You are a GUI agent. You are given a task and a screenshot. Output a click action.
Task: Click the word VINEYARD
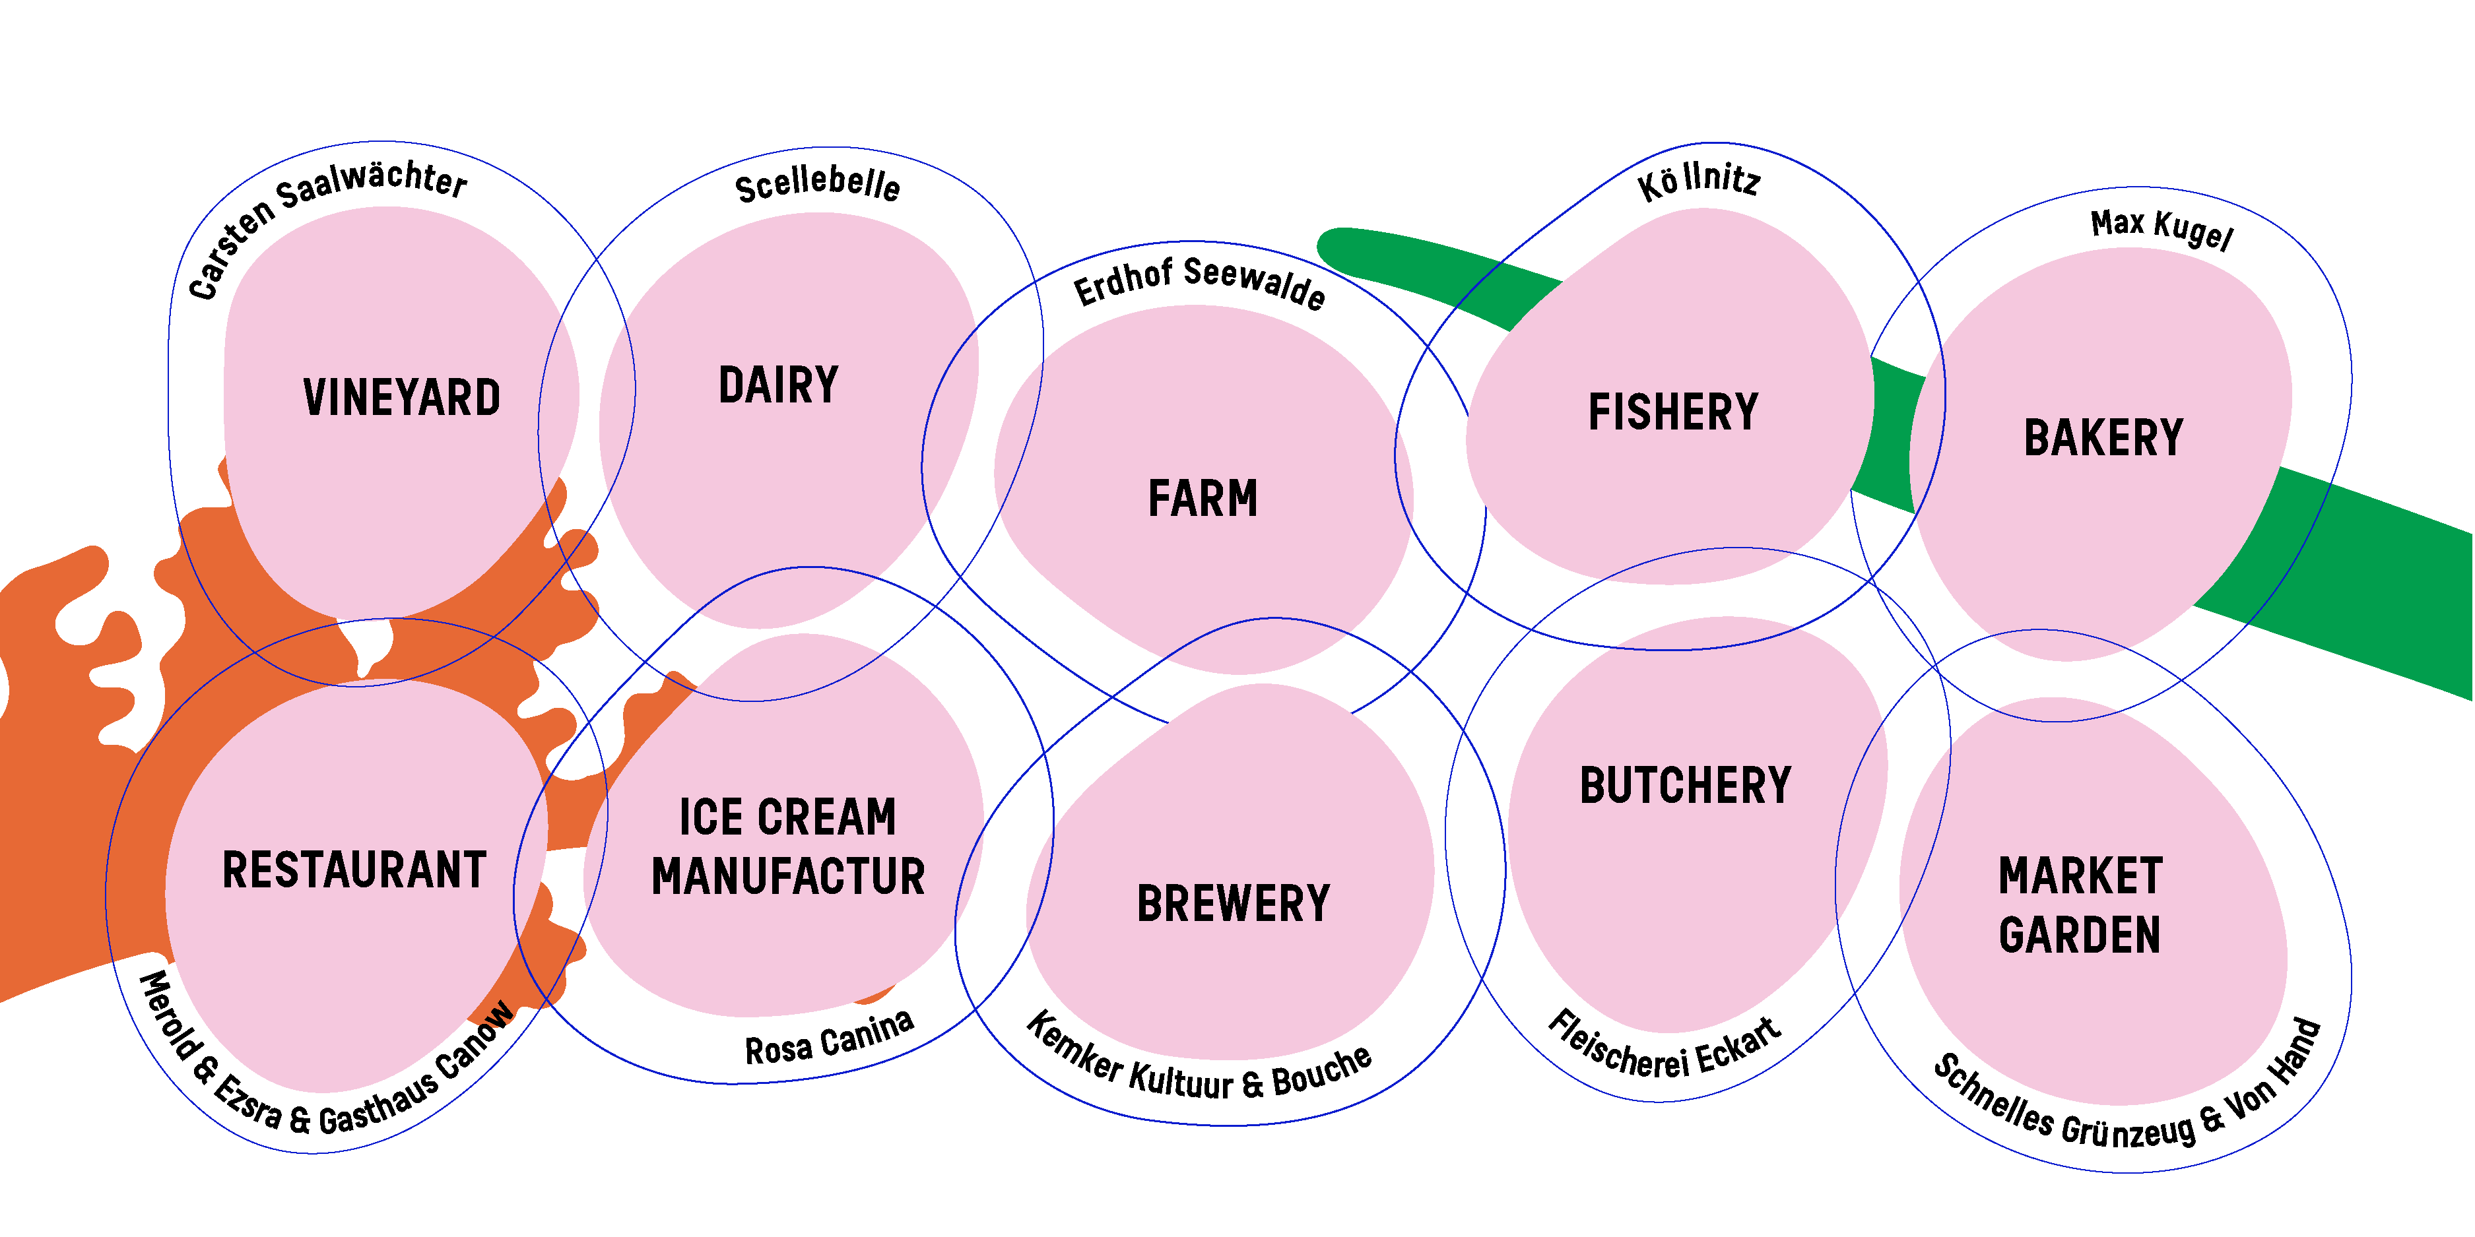[x=402, y=398]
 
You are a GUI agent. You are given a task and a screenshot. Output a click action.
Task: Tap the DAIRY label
[x=778, y=385]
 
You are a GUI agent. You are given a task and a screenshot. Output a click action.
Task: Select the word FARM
[x=1203, y=499]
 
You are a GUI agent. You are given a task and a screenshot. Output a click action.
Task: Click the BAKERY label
[x=2103, y=438]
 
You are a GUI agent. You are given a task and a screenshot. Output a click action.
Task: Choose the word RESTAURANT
[x=354, y=870]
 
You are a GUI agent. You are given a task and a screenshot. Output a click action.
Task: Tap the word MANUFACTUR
[x=788, y=877]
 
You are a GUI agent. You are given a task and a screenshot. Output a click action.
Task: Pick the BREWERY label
[x=1234, y=904]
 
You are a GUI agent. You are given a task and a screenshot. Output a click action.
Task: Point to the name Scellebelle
[x=818, y=183]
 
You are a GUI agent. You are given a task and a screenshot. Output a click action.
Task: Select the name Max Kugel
[x=2161, y=228]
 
